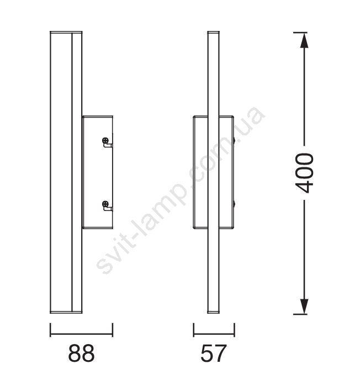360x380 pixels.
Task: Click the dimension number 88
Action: point(81,353)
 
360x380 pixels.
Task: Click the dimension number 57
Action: point(214,353)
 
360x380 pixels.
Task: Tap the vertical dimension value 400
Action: point(304,173)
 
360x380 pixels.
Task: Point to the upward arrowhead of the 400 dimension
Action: point(304,40)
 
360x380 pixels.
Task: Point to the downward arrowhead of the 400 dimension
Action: point(304,307)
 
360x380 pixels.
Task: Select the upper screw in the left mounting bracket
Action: point(105,140)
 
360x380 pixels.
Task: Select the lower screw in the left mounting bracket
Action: point(105,204)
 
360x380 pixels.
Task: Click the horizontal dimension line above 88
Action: point(81,334)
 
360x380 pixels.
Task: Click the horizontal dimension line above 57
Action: point(214,334)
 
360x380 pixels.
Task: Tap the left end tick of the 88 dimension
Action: point(50,330)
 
